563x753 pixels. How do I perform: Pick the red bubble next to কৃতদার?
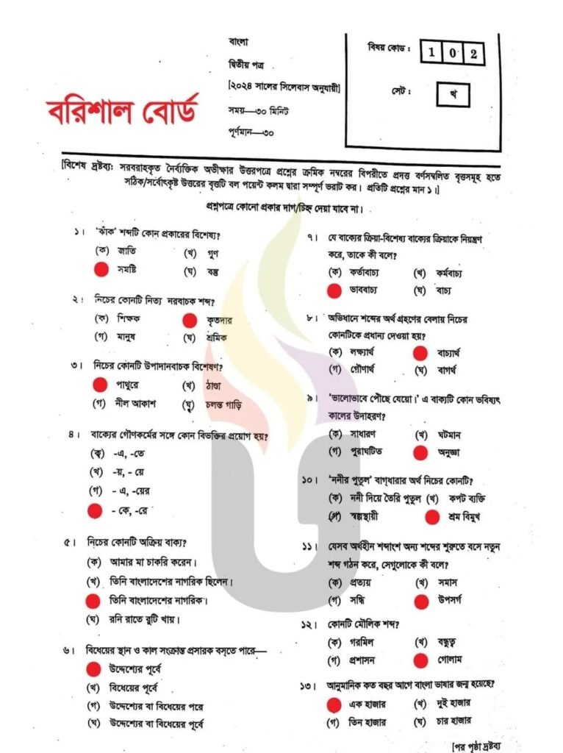[x=190, y=320]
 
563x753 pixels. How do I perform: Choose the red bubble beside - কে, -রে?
[x=94, y=509]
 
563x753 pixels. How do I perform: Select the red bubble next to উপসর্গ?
[x=421, y=601]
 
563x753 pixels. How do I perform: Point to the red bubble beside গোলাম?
[x=421, y=660]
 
